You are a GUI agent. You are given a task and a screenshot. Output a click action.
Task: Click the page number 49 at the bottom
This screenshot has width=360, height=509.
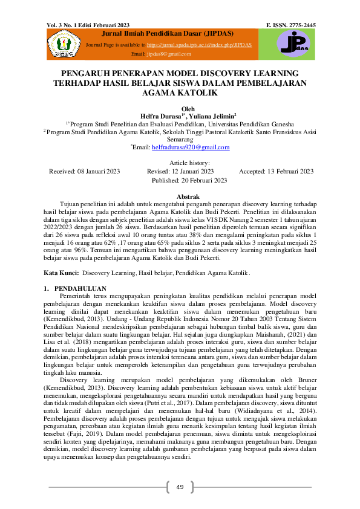tap(180, 487)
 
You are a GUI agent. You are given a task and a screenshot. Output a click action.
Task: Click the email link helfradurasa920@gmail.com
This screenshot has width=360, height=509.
tap(190, 148)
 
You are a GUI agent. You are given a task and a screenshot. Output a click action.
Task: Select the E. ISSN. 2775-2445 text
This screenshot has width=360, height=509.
tap(290, 25)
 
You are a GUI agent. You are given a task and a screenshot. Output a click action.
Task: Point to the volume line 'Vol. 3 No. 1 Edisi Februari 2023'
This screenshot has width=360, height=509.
tap(91, 25)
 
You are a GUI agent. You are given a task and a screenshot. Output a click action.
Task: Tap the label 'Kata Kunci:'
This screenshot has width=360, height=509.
tap(62, 273)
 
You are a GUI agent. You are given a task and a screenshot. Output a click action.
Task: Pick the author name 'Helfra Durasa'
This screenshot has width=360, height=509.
tap(162, 115)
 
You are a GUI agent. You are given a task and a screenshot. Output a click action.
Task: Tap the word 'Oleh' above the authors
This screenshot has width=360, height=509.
tap(180, 108)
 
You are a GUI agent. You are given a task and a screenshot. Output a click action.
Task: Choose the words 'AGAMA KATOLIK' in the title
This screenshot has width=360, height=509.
tap(180, 94)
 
